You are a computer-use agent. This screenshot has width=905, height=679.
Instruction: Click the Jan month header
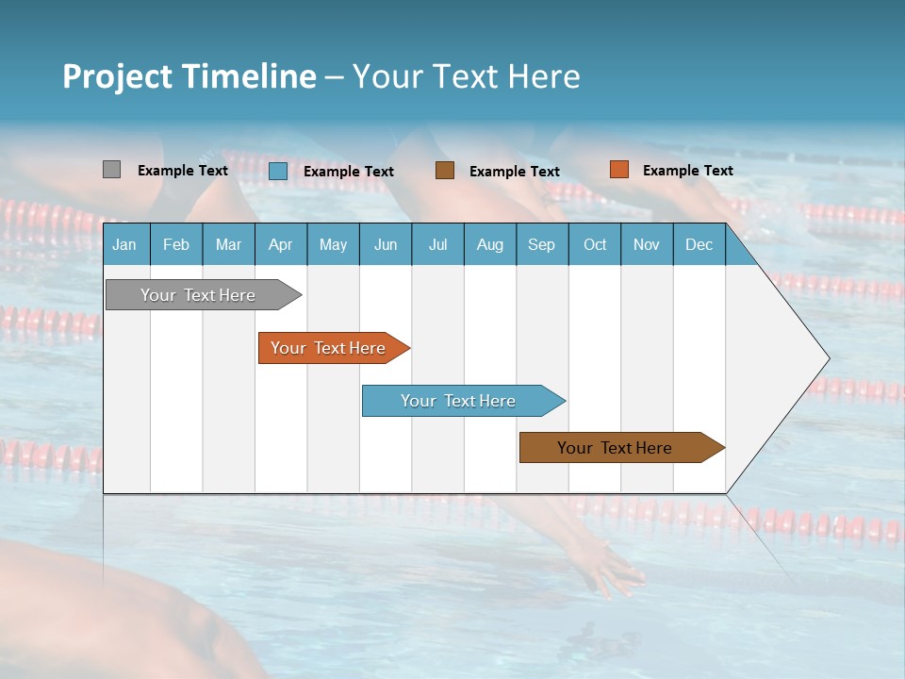[125, 244]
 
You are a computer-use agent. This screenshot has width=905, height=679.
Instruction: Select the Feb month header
[176, 244]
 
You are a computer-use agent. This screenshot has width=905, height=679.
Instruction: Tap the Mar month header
[228, 244]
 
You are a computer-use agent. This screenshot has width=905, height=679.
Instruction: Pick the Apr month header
[280, 244]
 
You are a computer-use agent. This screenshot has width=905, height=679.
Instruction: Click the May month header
[333, 244]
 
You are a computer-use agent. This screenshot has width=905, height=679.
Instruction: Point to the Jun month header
[386, 244]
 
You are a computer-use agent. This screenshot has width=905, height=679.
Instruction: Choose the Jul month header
[437, 244]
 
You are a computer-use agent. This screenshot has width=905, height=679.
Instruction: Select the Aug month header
[489, 244]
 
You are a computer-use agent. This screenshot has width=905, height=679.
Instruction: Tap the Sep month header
[541, 244]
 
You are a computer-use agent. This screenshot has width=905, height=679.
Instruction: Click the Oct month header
[595, 244]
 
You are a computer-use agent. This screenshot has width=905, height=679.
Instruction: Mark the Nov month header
[647, 244]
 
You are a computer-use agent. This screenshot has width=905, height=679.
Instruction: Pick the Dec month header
[699, 244]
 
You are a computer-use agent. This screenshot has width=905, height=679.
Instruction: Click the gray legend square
[111, 170]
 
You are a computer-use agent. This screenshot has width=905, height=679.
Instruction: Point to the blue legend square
[277, 171]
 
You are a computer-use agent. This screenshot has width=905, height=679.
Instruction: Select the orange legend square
[618, 170]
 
